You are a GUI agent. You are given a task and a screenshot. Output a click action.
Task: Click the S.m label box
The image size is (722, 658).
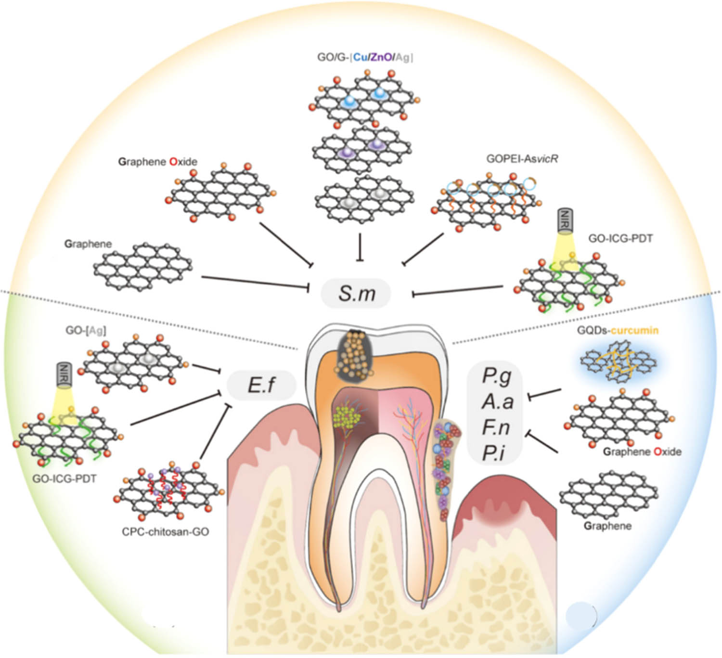pyautogui.click(x=357, y=293)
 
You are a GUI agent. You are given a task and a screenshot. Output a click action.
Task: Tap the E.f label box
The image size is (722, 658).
pyautogui.click(x=261, y=385)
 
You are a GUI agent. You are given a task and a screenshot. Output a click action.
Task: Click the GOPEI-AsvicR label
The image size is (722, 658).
pyautogui.click(x=522, y=158)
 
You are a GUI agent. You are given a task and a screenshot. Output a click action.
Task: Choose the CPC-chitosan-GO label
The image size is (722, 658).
pyautogui.click(x=166, y=532)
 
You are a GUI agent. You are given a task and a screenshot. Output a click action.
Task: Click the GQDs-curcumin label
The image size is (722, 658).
pyautogui.click(x=618, y=330)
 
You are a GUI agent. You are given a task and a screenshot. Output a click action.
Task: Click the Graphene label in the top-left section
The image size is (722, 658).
pyautogui.click(x=88, y=244)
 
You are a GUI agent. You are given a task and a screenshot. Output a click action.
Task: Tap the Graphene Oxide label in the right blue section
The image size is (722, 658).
pyautogui.click(x=642, y=452)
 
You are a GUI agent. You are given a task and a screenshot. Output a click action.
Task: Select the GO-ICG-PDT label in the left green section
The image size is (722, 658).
pyautogui.click(x=64, y=479)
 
